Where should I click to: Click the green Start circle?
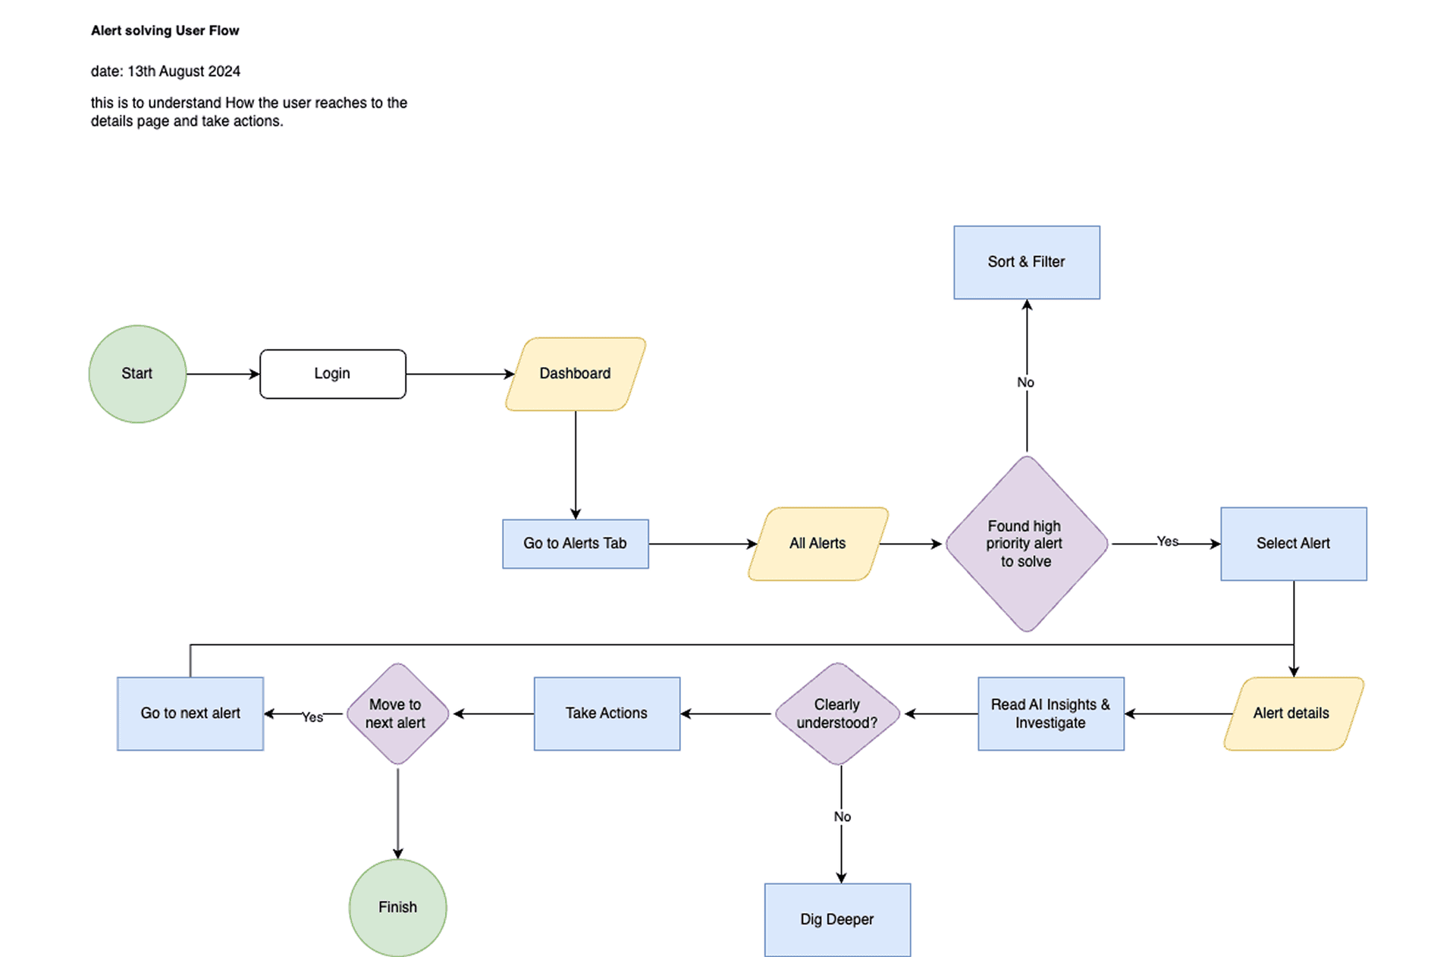[137, 374]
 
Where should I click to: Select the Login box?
[332, 374]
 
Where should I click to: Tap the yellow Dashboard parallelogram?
[575, 374]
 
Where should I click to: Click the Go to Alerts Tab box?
[575, 544]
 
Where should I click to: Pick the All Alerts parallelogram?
[817, 544]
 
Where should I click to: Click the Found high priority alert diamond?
[1026, 544]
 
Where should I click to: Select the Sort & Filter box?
[1026, 262]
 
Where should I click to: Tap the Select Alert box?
[1293, 544]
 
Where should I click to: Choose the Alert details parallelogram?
[1292, 714]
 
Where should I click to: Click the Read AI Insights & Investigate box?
[1050, 714]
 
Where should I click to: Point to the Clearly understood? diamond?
[837, 714]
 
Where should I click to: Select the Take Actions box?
[607, 714]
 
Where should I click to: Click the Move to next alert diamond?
[397, 714]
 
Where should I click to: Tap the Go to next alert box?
[190, 714]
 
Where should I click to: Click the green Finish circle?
[397, 907]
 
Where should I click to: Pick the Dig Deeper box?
[837, 919]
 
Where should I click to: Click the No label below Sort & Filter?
[1025, 382]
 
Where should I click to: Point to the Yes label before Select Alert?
[1167, 541]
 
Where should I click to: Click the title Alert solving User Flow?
[165, 30]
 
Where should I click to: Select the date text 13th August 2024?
[184, 71]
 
